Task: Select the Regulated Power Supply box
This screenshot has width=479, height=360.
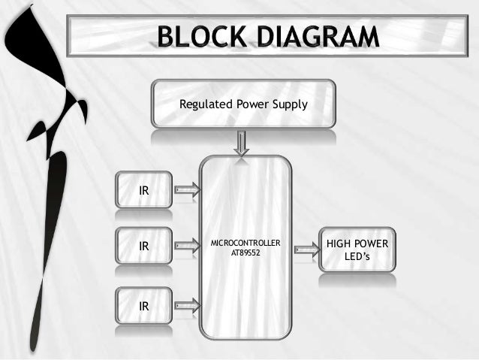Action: click(x=243, y=104)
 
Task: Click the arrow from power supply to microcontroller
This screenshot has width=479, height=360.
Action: click(x=242, y=143)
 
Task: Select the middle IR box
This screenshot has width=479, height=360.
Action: click(x=143, y=246)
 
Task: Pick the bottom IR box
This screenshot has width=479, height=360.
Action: click(x=143, y=306)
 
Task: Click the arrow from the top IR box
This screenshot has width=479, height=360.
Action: click(x=187, y=190)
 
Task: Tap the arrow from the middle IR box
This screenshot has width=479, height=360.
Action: click(x=187, y=245)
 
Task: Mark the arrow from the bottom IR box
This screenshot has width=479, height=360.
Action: click(x=187, y=305)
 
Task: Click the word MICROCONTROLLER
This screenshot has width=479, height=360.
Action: click(x=246, y=244)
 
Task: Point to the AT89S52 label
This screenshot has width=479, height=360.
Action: click(x=246, y=253)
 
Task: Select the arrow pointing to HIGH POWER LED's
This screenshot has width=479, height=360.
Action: click(x=306, y=247)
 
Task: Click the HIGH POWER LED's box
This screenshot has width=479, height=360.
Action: click(x=357, y=251)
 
